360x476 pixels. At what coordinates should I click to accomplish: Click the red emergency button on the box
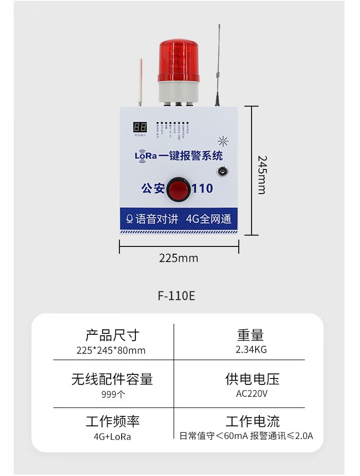(178, 189)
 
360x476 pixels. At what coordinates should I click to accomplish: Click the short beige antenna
(140, 82)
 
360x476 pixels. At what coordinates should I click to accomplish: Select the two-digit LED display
(139, 127)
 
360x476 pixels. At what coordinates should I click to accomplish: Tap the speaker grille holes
(223, 140)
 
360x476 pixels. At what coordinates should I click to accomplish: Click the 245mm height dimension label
(262, 174)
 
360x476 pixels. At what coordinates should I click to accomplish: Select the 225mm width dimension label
(179, 258)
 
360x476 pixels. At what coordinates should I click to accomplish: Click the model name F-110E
(176, 296)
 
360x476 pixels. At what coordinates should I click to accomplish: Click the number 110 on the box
(203, 188)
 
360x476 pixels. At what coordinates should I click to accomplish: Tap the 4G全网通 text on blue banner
(208, 219)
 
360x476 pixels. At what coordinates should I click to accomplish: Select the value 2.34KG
(251, 350)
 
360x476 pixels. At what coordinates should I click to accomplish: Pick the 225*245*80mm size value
(111, 350)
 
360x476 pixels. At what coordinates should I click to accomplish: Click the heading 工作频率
(112, 421)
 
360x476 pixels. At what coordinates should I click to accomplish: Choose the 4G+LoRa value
(112, 436)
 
